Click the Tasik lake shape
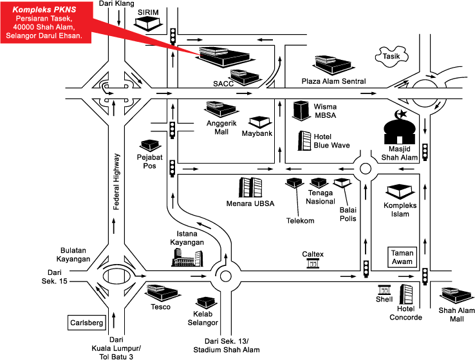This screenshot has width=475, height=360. tap(394, 56)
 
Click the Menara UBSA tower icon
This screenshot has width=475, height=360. tap(251, 188)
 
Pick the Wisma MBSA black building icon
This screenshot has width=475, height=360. tap(301, 110)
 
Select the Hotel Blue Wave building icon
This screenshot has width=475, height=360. tap(304, 140)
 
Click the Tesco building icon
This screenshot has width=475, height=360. tap(160, 292)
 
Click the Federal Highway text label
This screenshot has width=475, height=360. tap(116, 182)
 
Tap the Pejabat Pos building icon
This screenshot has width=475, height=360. tap(150, 145)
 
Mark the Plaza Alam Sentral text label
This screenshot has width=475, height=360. tap(334, 81)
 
